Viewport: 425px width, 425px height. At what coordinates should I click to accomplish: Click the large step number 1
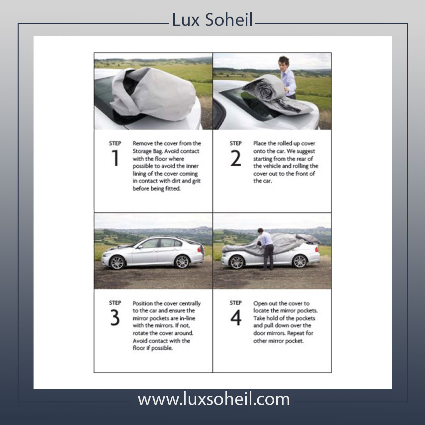(x=115, y=158)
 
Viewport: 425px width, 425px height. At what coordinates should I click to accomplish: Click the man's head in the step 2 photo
(x=284, y=62)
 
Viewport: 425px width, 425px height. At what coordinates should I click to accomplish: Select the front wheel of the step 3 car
(x=117, y=262)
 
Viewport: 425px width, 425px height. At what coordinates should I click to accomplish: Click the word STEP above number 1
(x=115, y=143)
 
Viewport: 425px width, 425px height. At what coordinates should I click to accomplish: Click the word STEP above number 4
(x=235, y=303)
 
